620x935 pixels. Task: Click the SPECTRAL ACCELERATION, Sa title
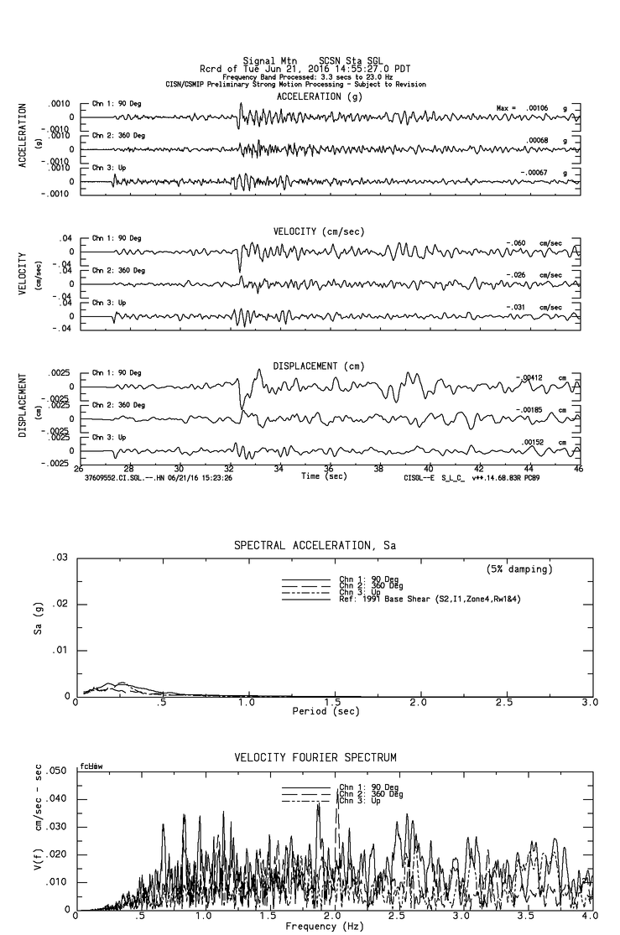314,546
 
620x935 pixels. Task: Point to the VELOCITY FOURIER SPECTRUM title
315,758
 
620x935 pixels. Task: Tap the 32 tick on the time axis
229,470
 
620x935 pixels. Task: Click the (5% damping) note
519,569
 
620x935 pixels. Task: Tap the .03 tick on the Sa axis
60,558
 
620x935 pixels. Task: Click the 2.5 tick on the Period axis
504,702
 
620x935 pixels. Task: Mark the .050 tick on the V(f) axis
55,771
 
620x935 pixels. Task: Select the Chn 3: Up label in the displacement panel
109,438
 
